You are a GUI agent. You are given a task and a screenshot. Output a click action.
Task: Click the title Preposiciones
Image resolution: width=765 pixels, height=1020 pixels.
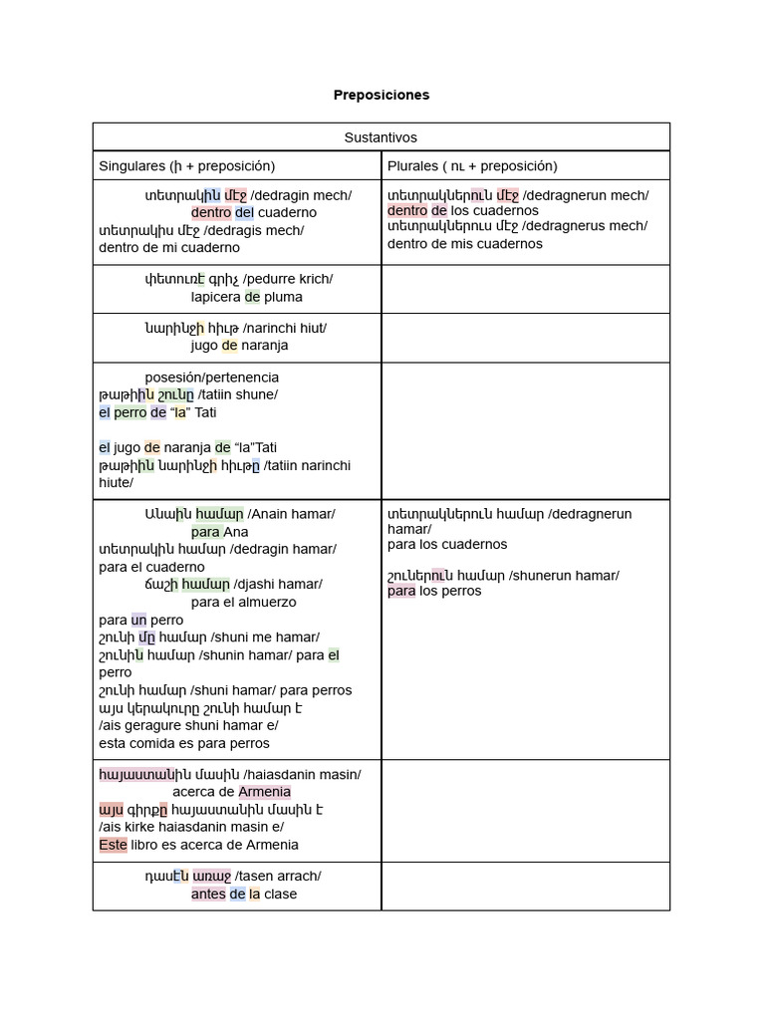pos(382,95)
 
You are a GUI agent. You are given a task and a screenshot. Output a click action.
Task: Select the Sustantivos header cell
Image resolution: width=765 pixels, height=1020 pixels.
pos(381,137)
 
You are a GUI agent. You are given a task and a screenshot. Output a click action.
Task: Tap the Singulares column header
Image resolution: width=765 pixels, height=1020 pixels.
pos(186,165)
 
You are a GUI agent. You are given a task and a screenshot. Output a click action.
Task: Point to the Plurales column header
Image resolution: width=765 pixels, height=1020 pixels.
pos(472,165)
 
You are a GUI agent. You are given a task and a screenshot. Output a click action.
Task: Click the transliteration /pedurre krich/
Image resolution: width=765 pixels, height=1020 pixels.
pos(288,279)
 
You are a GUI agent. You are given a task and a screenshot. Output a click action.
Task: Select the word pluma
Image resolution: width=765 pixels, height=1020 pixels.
pos(283,297)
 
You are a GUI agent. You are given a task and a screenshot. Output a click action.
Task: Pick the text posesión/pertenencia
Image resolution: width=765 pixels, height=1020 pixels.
pos(211,378)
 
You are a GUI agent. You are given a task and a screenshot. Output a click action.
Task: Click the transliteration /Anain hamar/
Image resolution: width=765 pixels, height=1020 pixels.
pos(291,514)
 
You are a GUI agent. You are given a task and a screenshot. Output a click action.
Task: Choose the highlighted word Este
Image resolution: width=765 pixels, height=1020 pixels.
pos(113,845)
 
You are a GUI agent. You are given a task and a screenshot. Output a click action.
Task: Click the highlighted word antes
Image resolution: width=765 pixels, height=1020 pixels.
pos(208,893)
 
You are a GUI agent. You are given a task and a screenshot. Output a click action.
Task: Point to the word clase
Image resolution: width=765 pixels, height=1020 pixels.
pos(281,893)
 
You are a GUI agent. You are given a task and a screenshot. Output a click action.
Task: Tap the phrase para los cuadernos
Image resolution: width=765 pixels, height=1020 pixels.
pos(447,544)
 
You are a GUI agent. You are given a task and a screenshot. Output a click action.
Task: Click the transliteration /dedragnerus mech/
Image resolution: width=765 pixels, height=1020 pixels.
pos(585,226)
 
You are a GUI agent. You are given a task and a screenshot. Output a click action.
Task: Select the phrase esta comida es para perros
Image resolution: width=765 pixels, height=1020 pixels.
pos(184,743)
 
